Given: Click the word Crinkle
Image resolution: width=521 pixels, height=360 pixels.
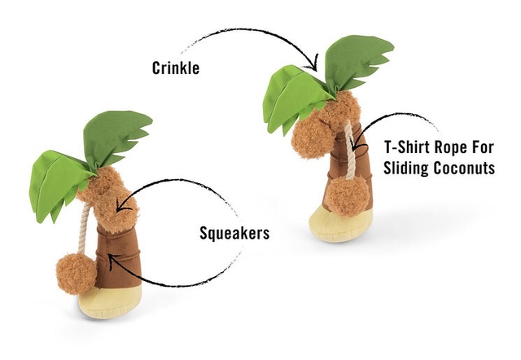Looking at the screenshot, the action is [x=176, y=68].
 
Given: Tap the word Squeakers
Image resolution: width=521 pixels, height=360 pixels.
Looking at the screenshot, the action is [x=234, y=233].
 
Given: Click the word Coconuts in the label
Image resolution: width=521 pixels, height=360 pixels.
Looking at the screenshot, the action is [x=465, y=169].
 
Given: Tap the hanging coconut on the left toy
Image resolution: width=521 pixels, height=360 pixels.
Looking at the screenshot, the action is [x=77, y=274].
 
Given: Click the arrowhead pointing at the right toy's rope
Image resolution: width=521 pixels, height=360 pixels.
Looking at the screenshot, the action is [x=358, y=145].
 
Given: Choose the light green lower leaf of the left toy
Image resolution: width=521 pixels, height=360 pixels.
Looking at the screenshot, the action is [x=58, y=187].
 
